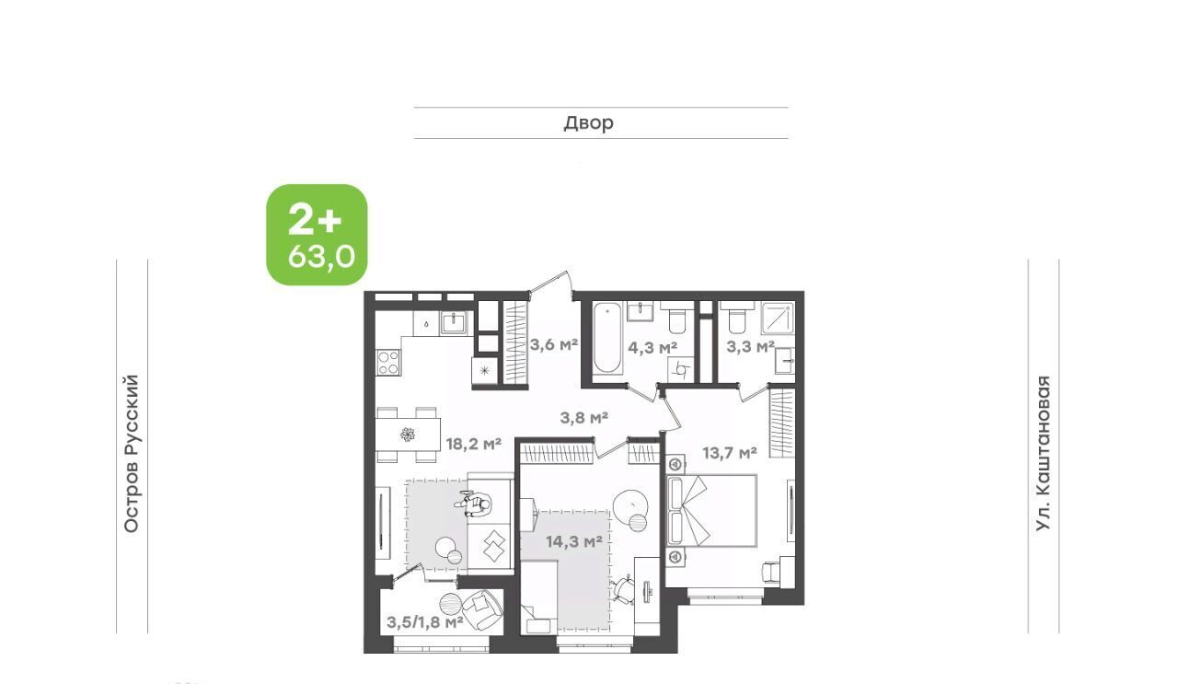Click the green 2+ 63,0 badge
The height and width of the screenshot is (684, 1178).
pos(317,235)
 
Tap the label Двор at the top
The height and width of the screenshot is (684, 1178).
pos(588,123)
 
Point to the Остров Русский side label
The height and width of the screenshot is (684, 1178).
pos(132,454)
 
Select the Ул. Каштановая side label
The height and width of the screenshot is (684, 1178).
pos(1043,454)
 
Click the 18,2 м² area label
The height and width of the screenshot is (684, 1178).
pos(473,444)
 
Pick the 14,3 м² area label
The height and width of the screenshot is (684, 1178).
pos(573,541)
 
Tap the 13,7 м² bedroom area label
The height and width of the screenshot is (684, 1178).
pos(730,453)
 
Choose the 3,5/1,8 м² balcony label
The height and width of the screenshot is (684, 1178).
pos(425,622)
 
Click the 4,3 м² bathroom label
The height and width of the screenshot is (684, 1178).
pos(653,347)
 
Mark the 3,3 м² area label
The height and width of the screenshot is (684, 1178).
pos(750,347)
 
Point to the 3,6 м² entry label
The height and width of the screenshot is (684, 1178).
pos(554,345)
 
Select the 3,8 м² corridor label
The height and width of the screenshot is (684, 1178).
pos(584,418)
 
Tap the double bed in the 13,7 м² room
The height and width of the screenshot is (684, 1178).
pos(711,511)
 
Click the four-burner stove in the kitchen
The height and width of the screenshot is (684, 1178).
pos(388,363)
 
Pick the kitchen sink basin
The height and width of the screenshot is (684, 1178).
pos(455,322)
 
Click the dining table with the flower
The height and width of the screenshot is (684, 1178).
pos(408,435)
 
